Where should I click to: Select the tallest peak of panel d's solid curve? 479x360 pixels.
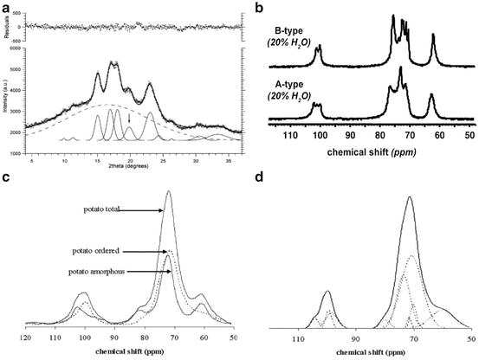click(410, 198)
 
